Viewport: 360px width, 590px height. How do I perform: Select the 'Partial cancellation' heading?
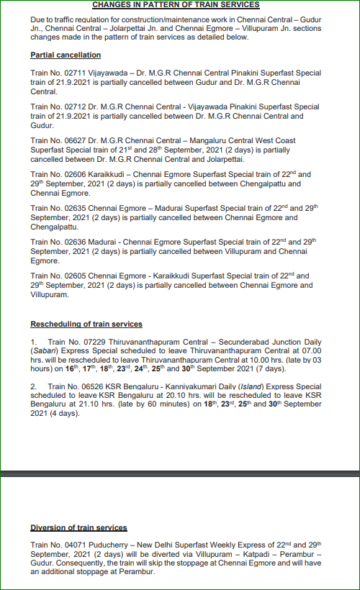pos(66,55)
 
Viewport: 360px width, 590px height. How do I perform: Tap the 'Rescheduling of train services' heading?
pos(86,324)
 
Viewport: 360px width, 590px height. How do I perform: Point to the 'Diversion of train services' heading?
pos(78,527)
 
